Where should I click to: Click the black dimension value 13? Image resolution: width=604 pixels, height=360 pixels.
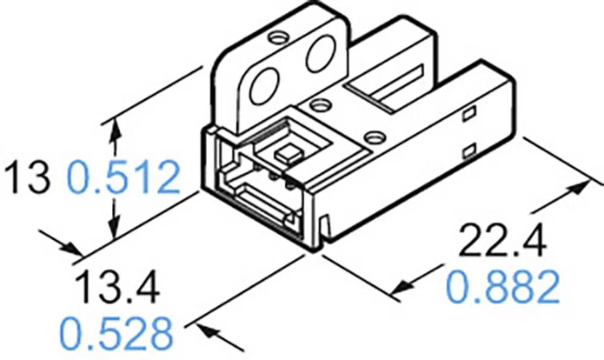(x=27, y=176)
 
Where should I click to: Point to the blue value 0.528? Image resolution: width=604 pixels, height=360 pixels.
(x=116, y=332)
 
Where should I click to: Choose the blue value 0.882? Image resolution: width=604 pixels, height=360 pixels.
(x=503, y=288)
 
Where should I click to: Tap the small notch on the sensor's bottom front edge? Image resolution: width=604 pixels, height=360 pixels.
(x=326, y=227)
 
